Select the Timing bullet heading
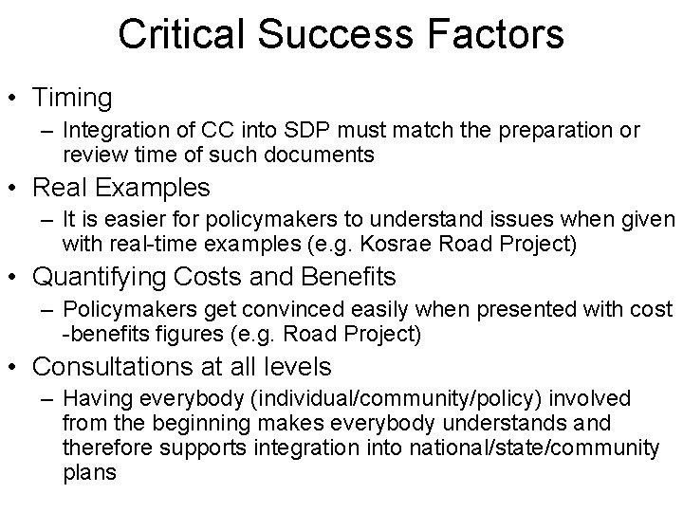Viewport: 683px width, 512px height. pyautogui.click(x=71, y=98)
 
